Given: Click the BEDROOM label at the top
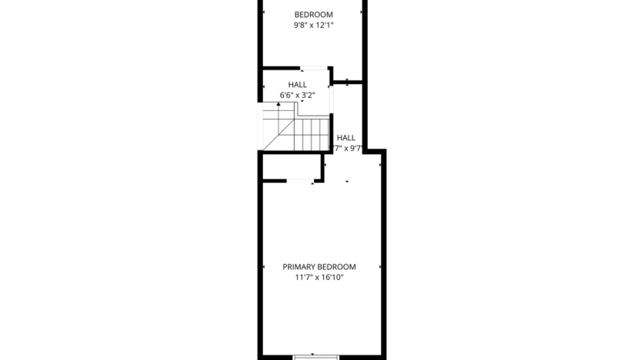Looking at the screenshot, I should tap(313, 14).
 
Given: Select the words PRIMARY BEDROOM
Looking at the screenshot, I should tap(319, 267).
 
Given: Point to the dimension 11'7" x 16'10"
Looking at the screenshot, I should tap(319, 277).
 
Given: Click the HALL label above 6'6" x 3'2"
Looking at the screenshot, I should tap(297, 85).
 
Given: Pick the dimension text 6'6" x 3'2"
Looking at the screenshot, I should tap(297, 95).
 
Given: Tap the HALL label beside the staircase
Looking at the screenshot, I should tap(346, 137).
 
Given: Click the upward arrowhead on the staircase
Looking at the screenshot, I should tap(278, 104).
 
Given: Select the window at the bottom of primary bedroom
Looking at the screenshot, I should tap(316, 356).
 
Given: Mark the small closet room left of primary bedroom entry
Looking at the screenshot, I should tap(290, 167).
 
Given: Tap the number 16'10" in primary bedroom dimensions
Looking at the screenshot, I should tap(330, 277).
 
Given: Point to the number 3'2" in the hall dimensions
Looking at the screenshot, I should tap(308, 95).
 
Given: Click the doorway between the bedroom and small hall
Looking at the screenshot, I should tap(312, 68).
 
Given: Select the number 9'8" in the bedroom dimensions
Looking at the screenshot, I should tap(300, 25).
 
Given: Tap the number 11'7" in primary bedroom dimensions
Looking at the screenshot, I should tap(303, 277).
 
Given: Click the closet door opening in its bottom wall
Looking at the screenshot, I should tap(298, 181).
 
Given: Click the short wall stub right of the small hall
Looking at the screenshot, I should tap(347, 81).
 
